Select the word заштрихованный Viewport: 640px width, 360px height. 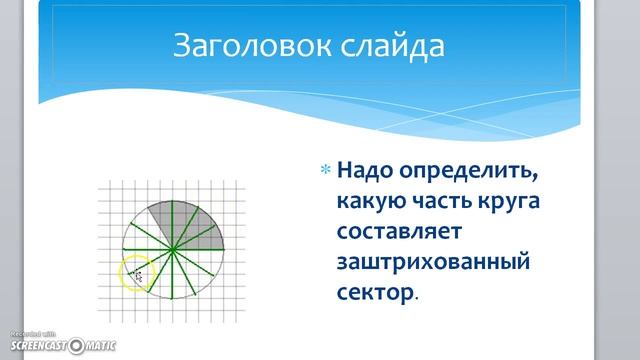pos(431,263)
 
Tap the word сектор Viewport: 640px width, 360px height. pos(374,294)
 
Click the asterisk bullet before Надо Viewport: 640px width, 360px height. pos(324,171)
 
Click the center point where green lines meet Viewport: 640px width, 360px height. pos(173,248)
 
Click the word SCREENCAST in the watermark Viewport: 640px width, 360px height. pos(35,346)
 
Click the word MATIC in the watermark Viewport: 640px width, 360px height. pos(98,346)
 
